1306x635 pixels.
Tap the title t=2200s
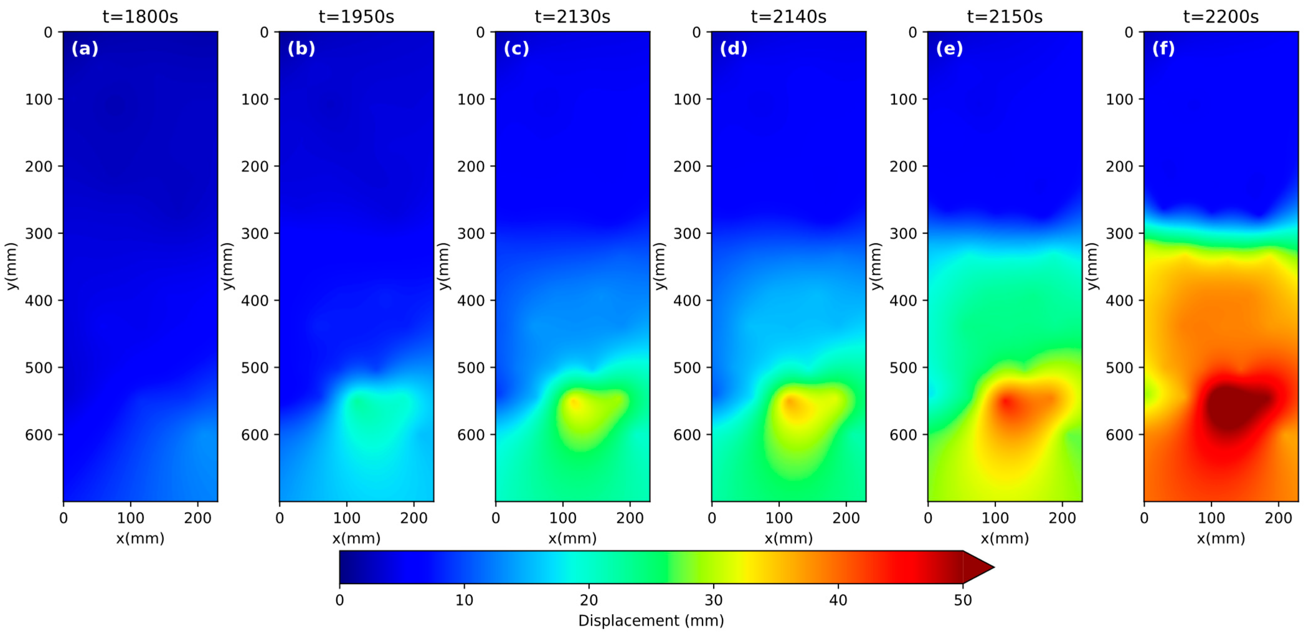(x=1221, y=17)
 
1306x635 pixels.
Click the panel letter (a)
(x=85, y=49)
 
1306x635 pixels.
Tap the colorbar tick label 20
(x=589, y=600)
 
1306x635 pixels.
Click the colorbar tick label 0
(x=340, y=600)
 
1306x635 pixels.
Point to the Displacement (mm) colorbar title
(x=651, y=621)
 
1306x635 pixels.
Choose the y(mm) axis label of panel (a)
(x=11, y=266)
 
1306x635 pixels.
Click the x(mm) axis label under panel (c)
(x=572, y=538)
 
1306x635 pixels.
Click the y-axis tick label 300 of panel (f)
(x=1119, y=233)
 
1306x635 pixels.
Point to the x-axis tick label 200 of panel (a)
(x=198, y=518)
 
